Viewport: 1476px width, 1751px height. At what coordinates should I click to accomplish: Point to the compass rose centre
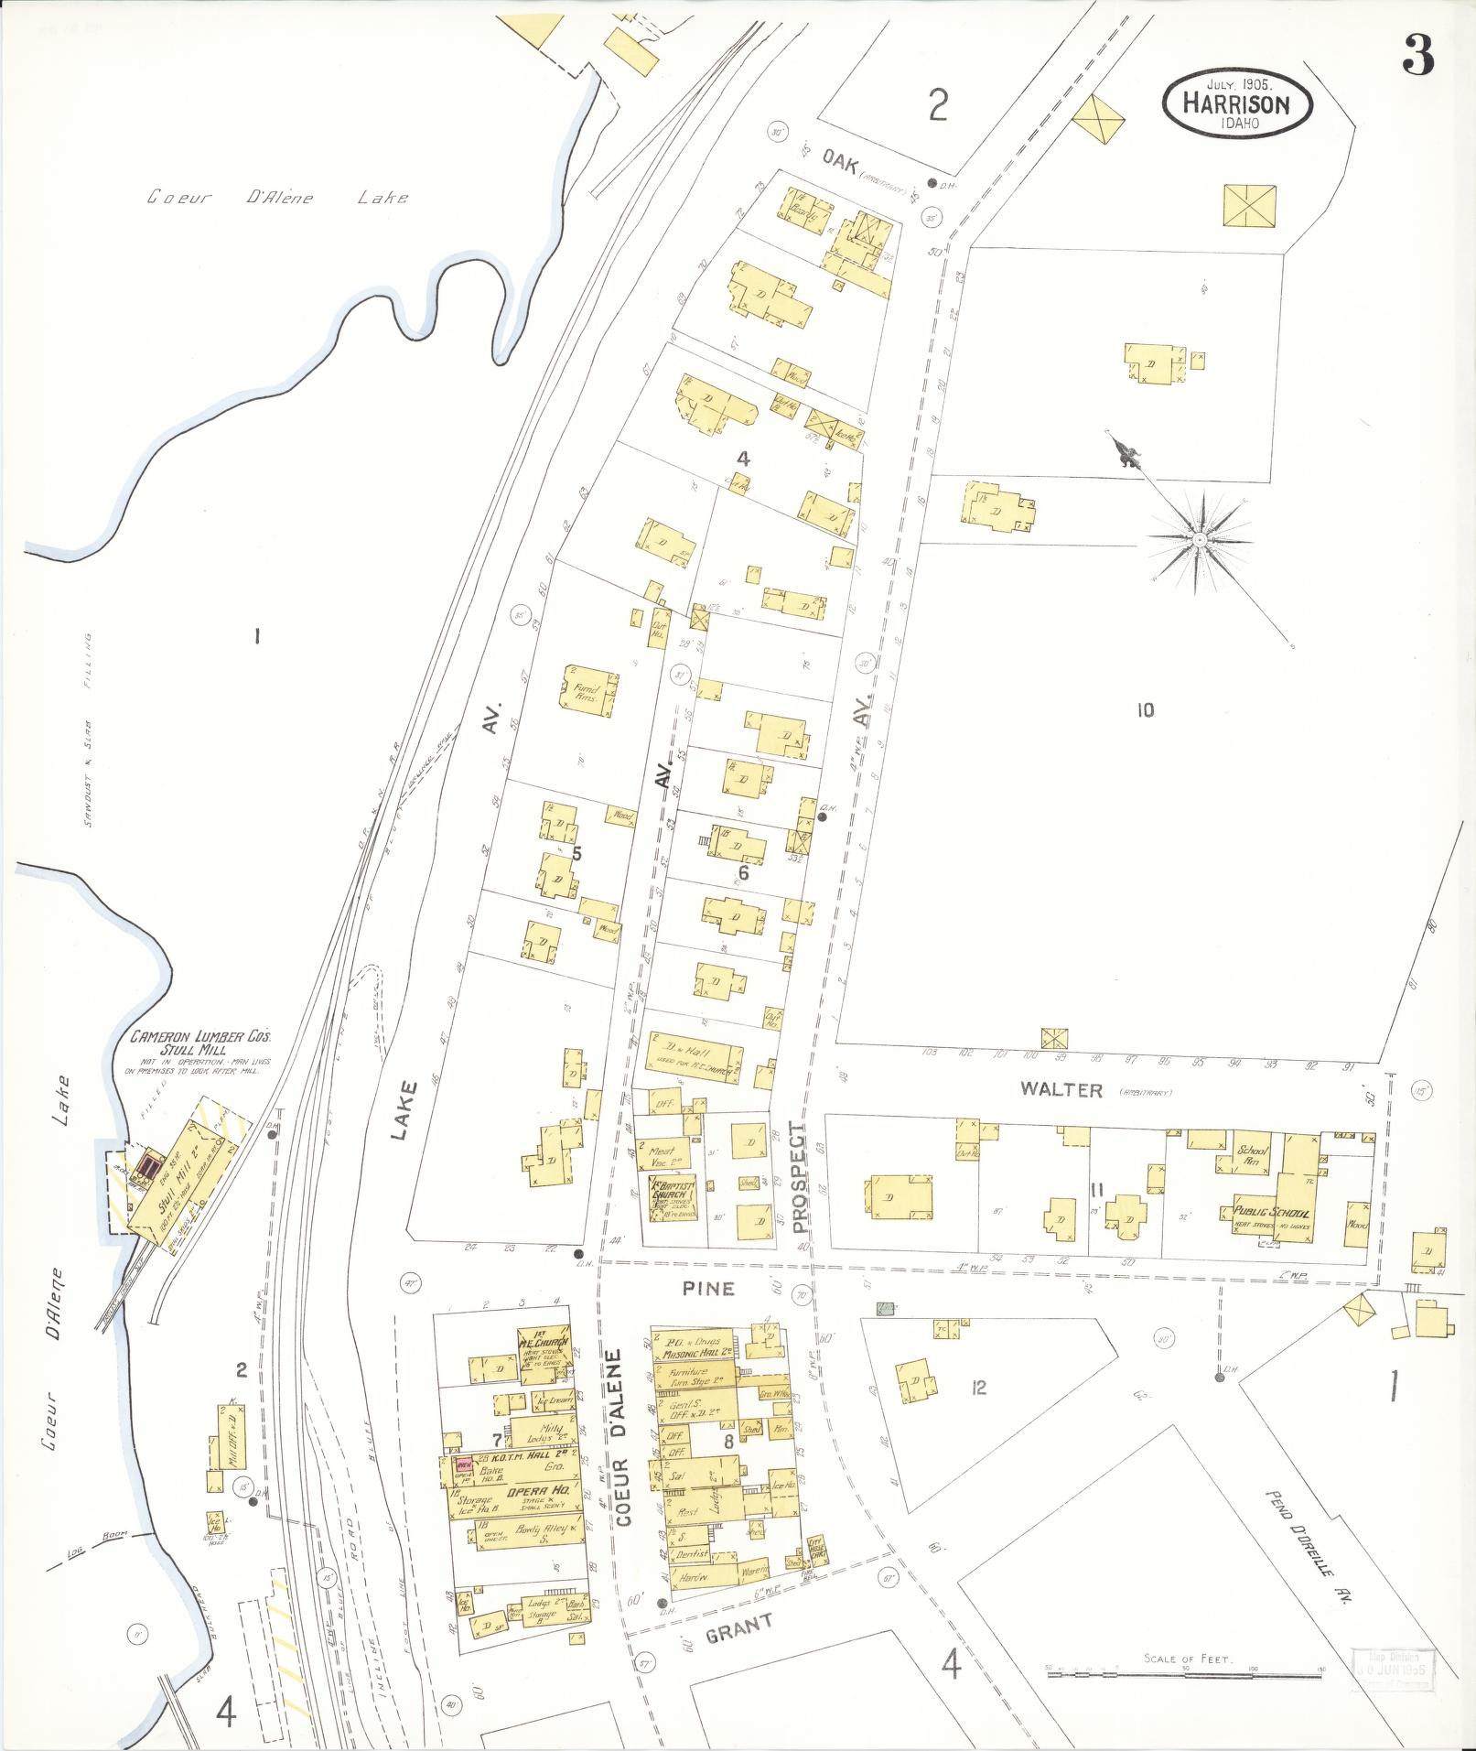point(1198,540)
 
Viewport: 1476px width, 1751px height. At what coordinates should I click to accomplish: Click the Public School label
point(1270,1213)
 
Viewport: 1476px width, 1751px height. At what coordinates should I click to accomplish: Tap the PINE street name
point(708,1288)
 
